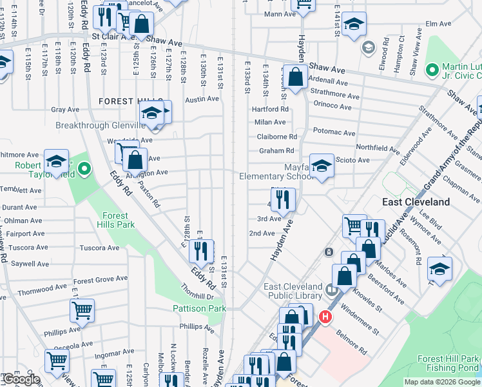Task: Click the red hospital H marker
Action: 325,317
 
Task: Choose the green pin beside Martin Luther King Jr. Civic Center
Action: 432,68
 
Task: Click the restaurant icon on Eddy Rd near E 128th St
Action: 203,250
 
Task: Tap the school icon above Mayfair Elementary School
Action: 321,166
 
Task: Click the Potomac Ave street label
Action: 334,133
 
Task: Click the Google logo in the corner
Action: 21,379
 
